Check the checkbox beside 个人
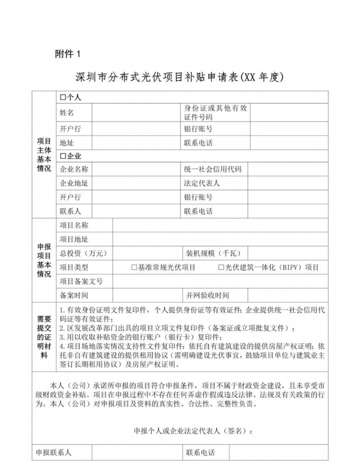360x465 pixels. [x=63, y=98]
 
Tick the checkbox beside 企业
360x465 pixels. [x=63, y=156]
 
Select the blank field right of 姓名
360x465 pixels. [x=135, y=113]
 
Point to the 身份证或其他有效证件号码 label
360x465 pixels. [x=216, y=113]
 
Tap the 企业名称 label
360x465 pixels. [x=74, y=170]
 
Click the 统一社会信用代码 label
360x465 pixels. [x=213, y=170]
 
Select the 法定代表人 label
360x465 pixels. [x=202, y=183]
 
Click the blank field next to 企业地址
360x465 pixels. [x=135, y=183]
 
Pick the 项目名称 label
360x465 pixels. [x=74, y=225]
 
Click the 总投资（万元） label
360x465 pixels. [x=83, y=253]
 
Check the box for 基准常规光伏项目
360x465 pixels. [x=134, y=268]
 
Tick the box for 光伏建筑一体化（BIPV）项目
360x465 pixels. [x=221, y=268]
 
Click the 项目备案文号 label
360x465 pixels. [x=81, y=282]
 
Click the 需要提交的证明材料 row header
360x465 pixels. [x=44, y=337]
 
